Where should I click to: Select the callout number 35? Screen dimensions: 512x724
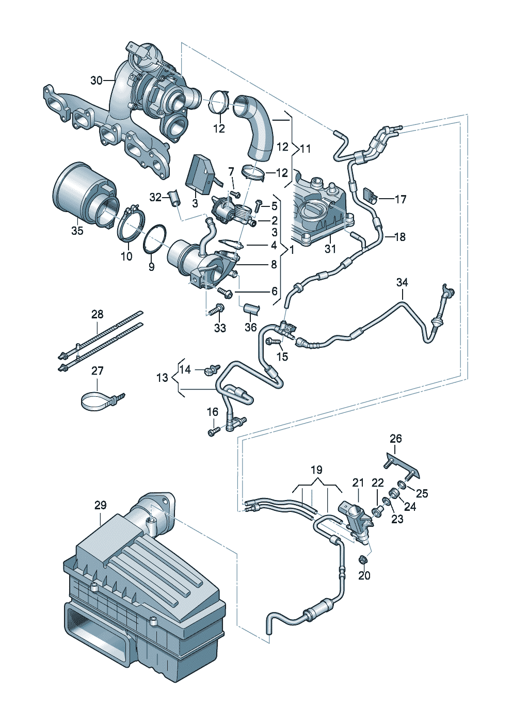click(x=77, y=231)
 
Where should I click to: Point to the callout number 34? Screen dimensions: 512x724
click(x=403, y=282)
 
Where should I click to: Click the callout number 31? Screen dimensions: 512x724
click(x=330, y=249)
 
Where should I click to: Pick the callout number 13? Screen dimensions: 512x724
click(x=162, y=377)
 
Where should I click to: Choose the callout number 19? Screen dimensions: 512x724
click(x=317, y=470)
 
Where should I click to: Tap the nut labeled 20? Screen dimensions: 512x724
click(x=363, y=559)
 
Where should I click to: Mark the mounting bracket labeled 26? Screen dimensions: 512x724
click(x=403, y=467)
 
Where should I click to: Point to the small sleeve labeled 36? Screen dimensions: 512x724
click(x=252, y=309)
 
